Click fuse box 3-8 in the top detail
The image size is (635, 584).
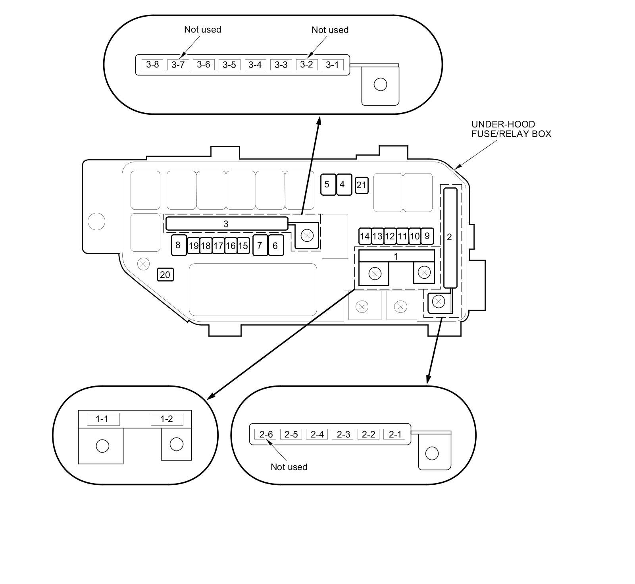(152, 64)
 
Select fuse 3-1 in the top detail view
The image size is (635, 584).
(332, 64)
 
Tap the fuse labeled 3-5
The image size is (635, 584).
(229, 64)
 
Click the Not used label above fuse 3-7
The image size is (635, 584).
(202, 29)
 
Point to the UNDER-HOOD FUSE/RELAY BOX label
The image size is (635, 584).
(511, 129)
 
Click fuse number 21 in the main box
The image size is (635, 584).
(361, 185)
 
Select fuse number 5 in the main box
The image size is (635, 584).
(328, 184)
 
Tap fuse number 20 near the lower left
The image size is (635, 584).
(165, 274)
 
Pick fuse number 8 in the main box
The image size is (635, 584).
(178, 245)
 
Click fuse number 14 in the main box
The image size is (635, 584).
(364, 236)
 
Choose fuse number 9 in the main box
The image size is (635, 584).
(427, 236)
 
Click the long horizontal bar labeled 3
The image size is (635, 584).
(226, 224)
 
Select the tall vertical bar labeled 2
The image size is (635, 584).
(450, 237)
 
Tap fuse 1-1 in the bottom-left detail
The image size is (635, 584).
(103, 419)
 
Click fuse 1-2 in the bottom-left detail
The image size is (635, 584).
(167, 419)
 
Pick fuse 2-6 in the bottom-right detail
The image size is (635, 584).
(266, 434)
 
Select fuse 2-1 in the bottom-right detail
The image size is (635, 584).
(394, 434)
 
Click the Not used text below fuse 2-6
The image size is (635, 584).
(289, 467)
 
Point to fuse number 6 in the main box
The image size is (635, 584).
(276, 245)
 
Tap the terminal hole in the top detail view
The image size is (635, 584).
(380, 85)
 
